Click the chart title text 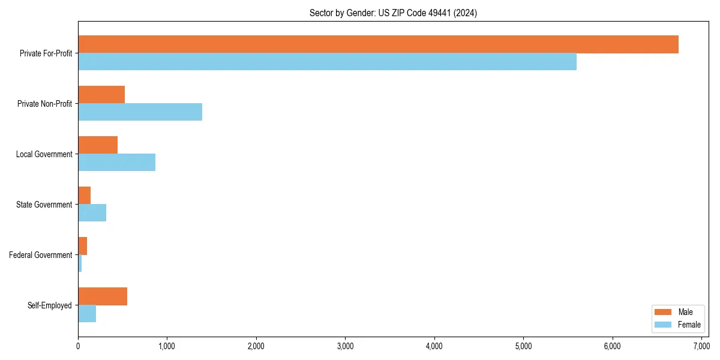coord(393,13)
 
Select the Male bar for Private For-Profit coord(378,44)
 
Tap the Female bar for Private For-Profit coord(327,62)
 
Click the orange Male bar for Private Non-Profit coord(101,95)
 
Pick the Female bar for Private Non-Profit coord(140,112)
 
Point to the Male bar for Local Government coord(98,145)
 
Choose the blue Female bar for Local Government coord(116,163)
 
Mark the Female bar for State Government coord(92,213)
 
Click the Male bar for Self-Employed coord(103,296)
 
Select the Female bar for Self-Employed coord(87,314)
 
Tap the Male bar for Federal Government coord(82,246)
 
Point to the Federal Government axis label coord(41,255)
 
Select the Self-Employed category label coord(50,305)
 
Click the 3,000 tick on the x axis coord(345,346)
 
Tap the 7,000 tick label coord(701,346)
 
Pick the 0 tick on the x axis coord(78,346)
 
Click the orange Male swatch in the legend coord(664,312)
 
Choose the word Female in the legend coord(689,325)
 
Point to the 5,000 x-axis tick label coord(523,346)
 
